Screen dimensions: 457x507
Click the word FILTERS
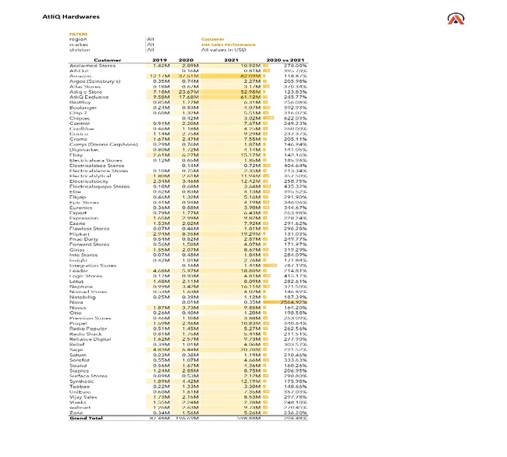(78, 34)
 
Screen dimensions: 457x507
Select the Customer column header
(108, 59)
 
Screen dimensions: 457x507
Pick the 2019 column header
(161, 59)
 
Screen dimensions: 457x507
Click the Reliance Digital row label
(87, 338)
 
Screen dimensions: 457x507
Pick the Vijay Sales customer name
(83, 396)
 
